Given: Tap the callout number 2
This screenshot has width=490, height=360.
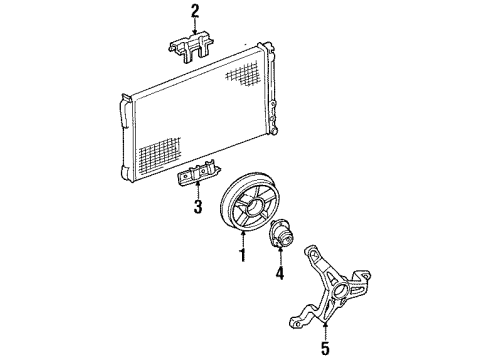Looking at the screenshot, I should pos(195,12).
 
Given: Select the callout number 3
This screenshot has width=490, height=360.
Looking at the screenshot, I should pos(199,207).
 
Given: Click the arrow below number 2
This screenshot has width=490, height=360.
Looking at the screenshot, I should pos(195,28).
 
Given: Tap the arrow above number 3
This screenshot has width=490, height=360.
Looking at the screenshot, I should pos(199,190).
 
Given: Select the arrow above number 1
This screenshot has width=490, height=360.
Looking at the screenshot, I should pos(240,236).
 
